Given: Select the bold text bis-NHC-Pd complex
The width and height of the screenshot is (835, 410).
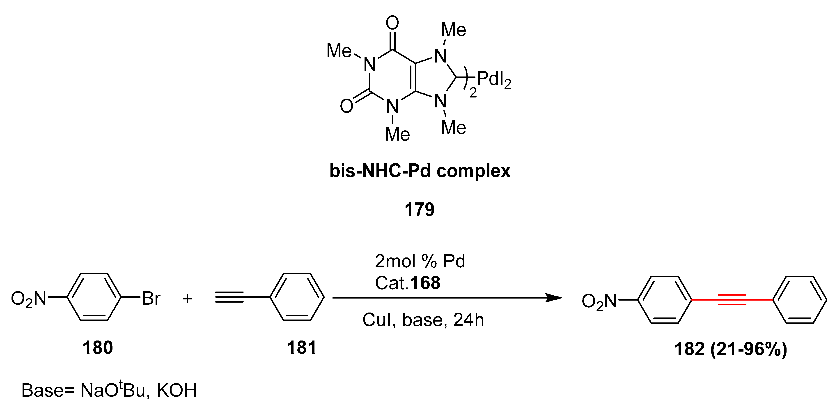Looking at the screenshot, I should click(x=420, y=171).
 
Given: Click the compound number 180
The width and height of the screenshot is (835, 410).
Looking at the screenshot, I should click(x=98, y=348).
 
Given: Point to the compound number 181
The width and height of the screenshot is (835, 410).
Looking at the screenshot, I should click(x=301, y=348).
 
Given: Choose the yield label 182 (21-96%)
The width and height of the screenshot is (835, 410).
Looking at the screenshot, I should click(x=731, y=349).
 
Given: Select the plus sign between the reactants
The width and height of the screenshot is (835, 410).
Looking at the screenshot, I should click(x=187, y=298).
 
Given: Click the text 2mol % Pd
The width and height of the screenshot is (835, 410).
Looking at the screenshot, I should click(x=420, y=261).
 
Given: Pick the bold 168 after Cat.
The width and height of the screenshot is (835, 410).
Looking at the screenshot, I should click(x=425, y=283).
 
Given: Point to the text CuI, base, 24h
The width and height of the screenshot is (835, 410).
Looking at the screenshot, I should click(x=423, y=320).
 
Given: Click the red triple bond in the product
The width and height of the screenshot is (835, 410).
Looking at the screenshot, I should click(x=732, y=300).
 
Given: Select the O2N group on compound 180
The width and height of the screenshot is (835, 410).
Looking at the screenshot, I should click(x=29, y=299).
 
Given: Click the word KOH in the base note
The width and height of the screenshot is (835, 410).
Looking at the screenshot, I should click(x=177, y=390).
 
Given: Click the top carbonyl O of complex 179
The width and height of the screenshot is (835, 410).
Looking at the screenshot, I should click(x=392, y=23).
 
